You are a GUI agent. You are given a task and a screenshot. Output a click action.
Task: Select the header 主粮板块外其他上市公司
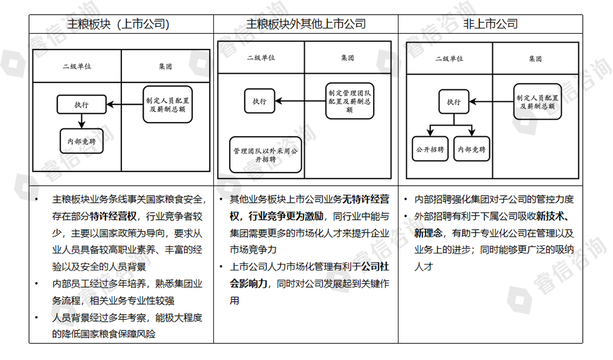[x=305, y=24]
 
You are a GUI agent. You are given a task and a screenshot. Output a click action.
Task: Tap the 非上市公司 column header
[x=490, y=24]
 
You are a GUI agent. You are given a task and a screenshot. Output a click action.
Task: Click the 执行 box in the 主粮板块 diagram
[x=81, y=104]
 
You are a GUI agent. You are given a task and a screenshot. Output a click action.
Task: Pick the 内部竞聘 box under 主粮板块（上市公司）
[x=81, y=141]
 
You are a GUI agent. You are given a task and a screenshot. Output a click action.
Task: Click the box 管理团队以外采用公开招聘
[x=265, y=155]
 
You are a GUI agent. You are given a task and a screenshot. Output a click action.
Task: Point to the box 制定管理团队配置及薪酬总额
[x=350, y=100]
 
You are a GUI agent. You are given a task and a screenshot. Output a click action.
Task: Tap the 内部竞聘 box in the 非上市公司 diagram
[x=473, y=149]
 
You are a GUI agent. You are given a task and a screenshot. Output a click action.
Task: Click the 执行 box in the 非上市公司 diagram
[x=453, y=102]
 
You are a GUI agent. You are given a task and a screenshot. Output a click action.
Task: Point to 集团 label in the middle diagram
[x=348, y=58]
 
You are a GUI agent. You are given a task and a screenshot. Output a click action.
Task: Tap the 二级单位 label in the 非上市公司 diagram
[x=449, y=58]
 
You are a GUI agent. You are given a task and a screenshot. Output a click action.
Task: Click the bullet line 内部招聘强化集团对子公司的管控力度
[x=494, y=199]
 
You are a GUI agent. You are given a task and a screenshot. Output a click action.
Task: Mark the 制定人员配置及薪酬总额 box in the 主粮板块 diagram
[x=168, y=104]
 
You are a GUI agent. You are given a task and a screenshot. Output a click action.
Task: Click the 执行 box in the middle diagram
[x=259, y=101]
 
